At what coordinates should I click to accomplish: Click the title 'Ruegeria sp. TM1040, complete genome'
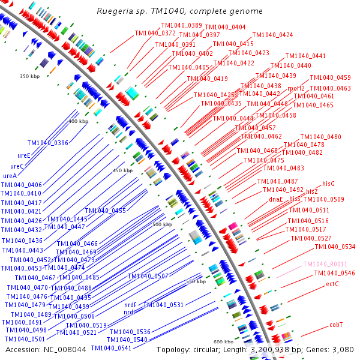tap(180, 11)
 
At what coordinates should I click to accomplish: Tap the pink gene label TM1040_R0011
tap(326, 264)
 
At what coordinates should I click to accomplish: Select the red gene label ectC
tap(332, 284)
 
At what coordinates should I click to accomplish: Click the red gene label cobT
tap(336, 325)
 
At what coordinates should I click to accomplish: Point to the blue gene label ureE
tap(24, 155)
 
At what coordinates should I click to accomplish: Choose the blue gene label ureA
tap(10, 176)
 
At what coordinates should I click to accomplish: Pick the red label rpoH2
tap(296, 88)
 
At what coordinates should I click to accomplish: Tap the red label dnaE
tap(276, 199)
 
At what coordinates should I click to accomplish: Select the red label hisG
tap(328, 183)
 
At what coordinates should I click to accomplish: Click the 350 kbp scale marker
tap(29, 76)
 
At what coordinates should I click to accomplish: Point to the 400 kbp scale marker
tap(78, 121)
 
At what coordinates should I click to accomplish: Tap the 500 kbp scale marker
tap(162, 224)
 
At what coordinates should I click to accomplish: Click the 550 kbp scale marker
tap(196, 281)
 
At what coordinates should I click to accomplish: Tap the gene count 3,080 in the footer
tap(344, 349)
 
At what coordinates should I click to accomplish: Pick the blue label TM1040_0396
tap(48, 143)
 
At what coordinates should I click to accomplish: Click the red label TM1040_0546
tap(335, 274)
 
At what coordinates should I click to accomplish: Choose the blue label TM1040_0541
tap(111, 348)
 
